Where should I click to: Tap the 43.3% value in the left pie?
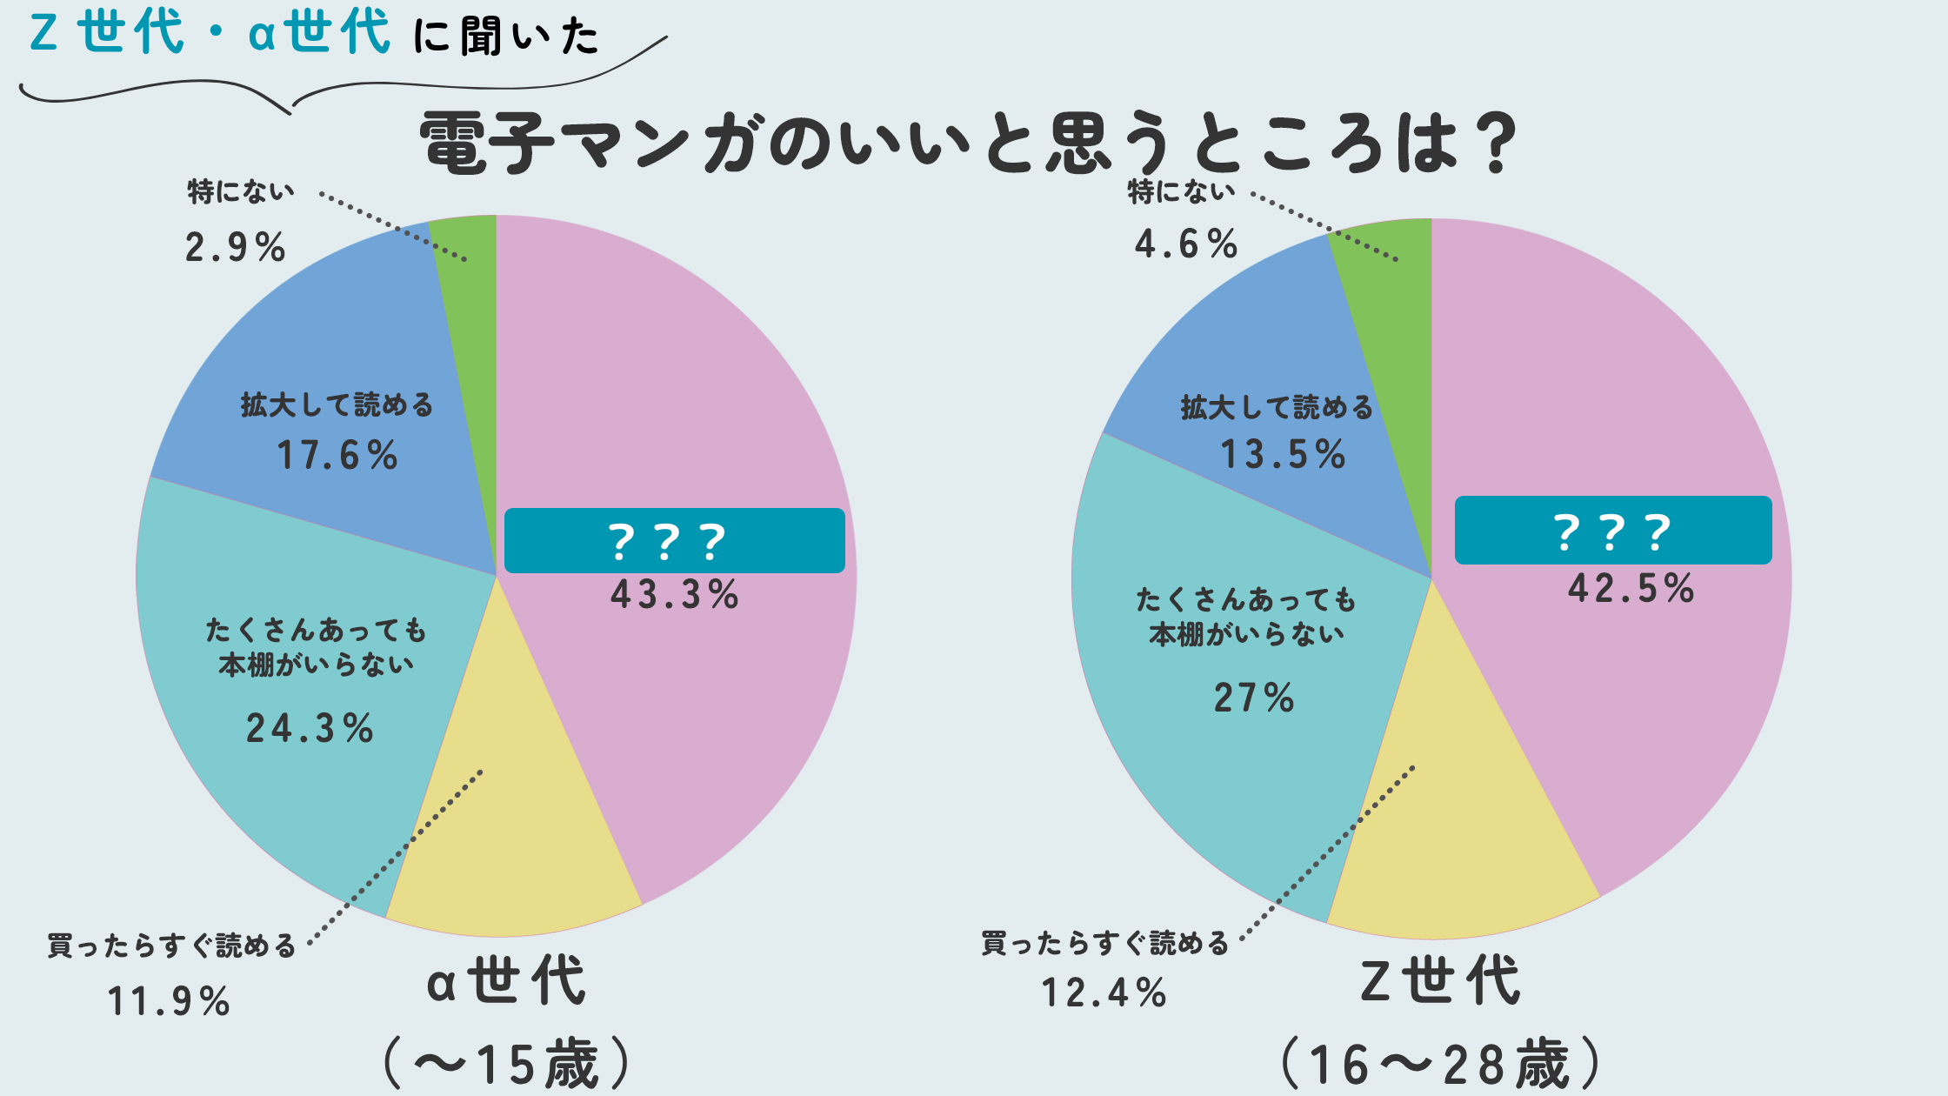pyautogui.click(x=674, y=595)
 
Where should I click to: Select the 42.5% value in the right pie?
pyautogui.click(x=1631, y=589)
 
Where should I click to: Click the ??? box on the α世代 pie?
pyautogui.click(x=674, y=541)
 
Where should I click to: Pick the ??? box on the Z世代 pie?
pyautogui.click(x=1612, y=531)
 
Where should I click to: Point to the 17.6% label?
pyautogui.click(x=337, y=455)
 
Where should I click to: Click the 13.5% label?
pyautogui.click(x=1283, y=454)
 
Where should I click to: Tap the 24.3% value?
pyautogui.click(x=310, y=728)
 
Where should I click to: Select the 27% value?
pyautogui.click(x=1254, y=698)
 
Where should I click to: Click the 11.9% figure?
pyautogui.click(x=169, y=1001)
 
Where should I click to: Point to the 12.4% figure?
pyautogui.click(x=1104, y=992)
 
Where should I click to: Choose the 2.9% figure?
pyautogui.click(x=235, y=248)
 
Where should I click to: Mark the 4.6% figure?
pyautogui.click(x=1185, y=244)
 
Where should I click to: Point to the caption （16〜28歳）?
pyautogui.click(x=1440, y=1064)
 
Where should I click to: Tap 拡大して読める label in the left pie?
pyautogui.click(x=337, y=405)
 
